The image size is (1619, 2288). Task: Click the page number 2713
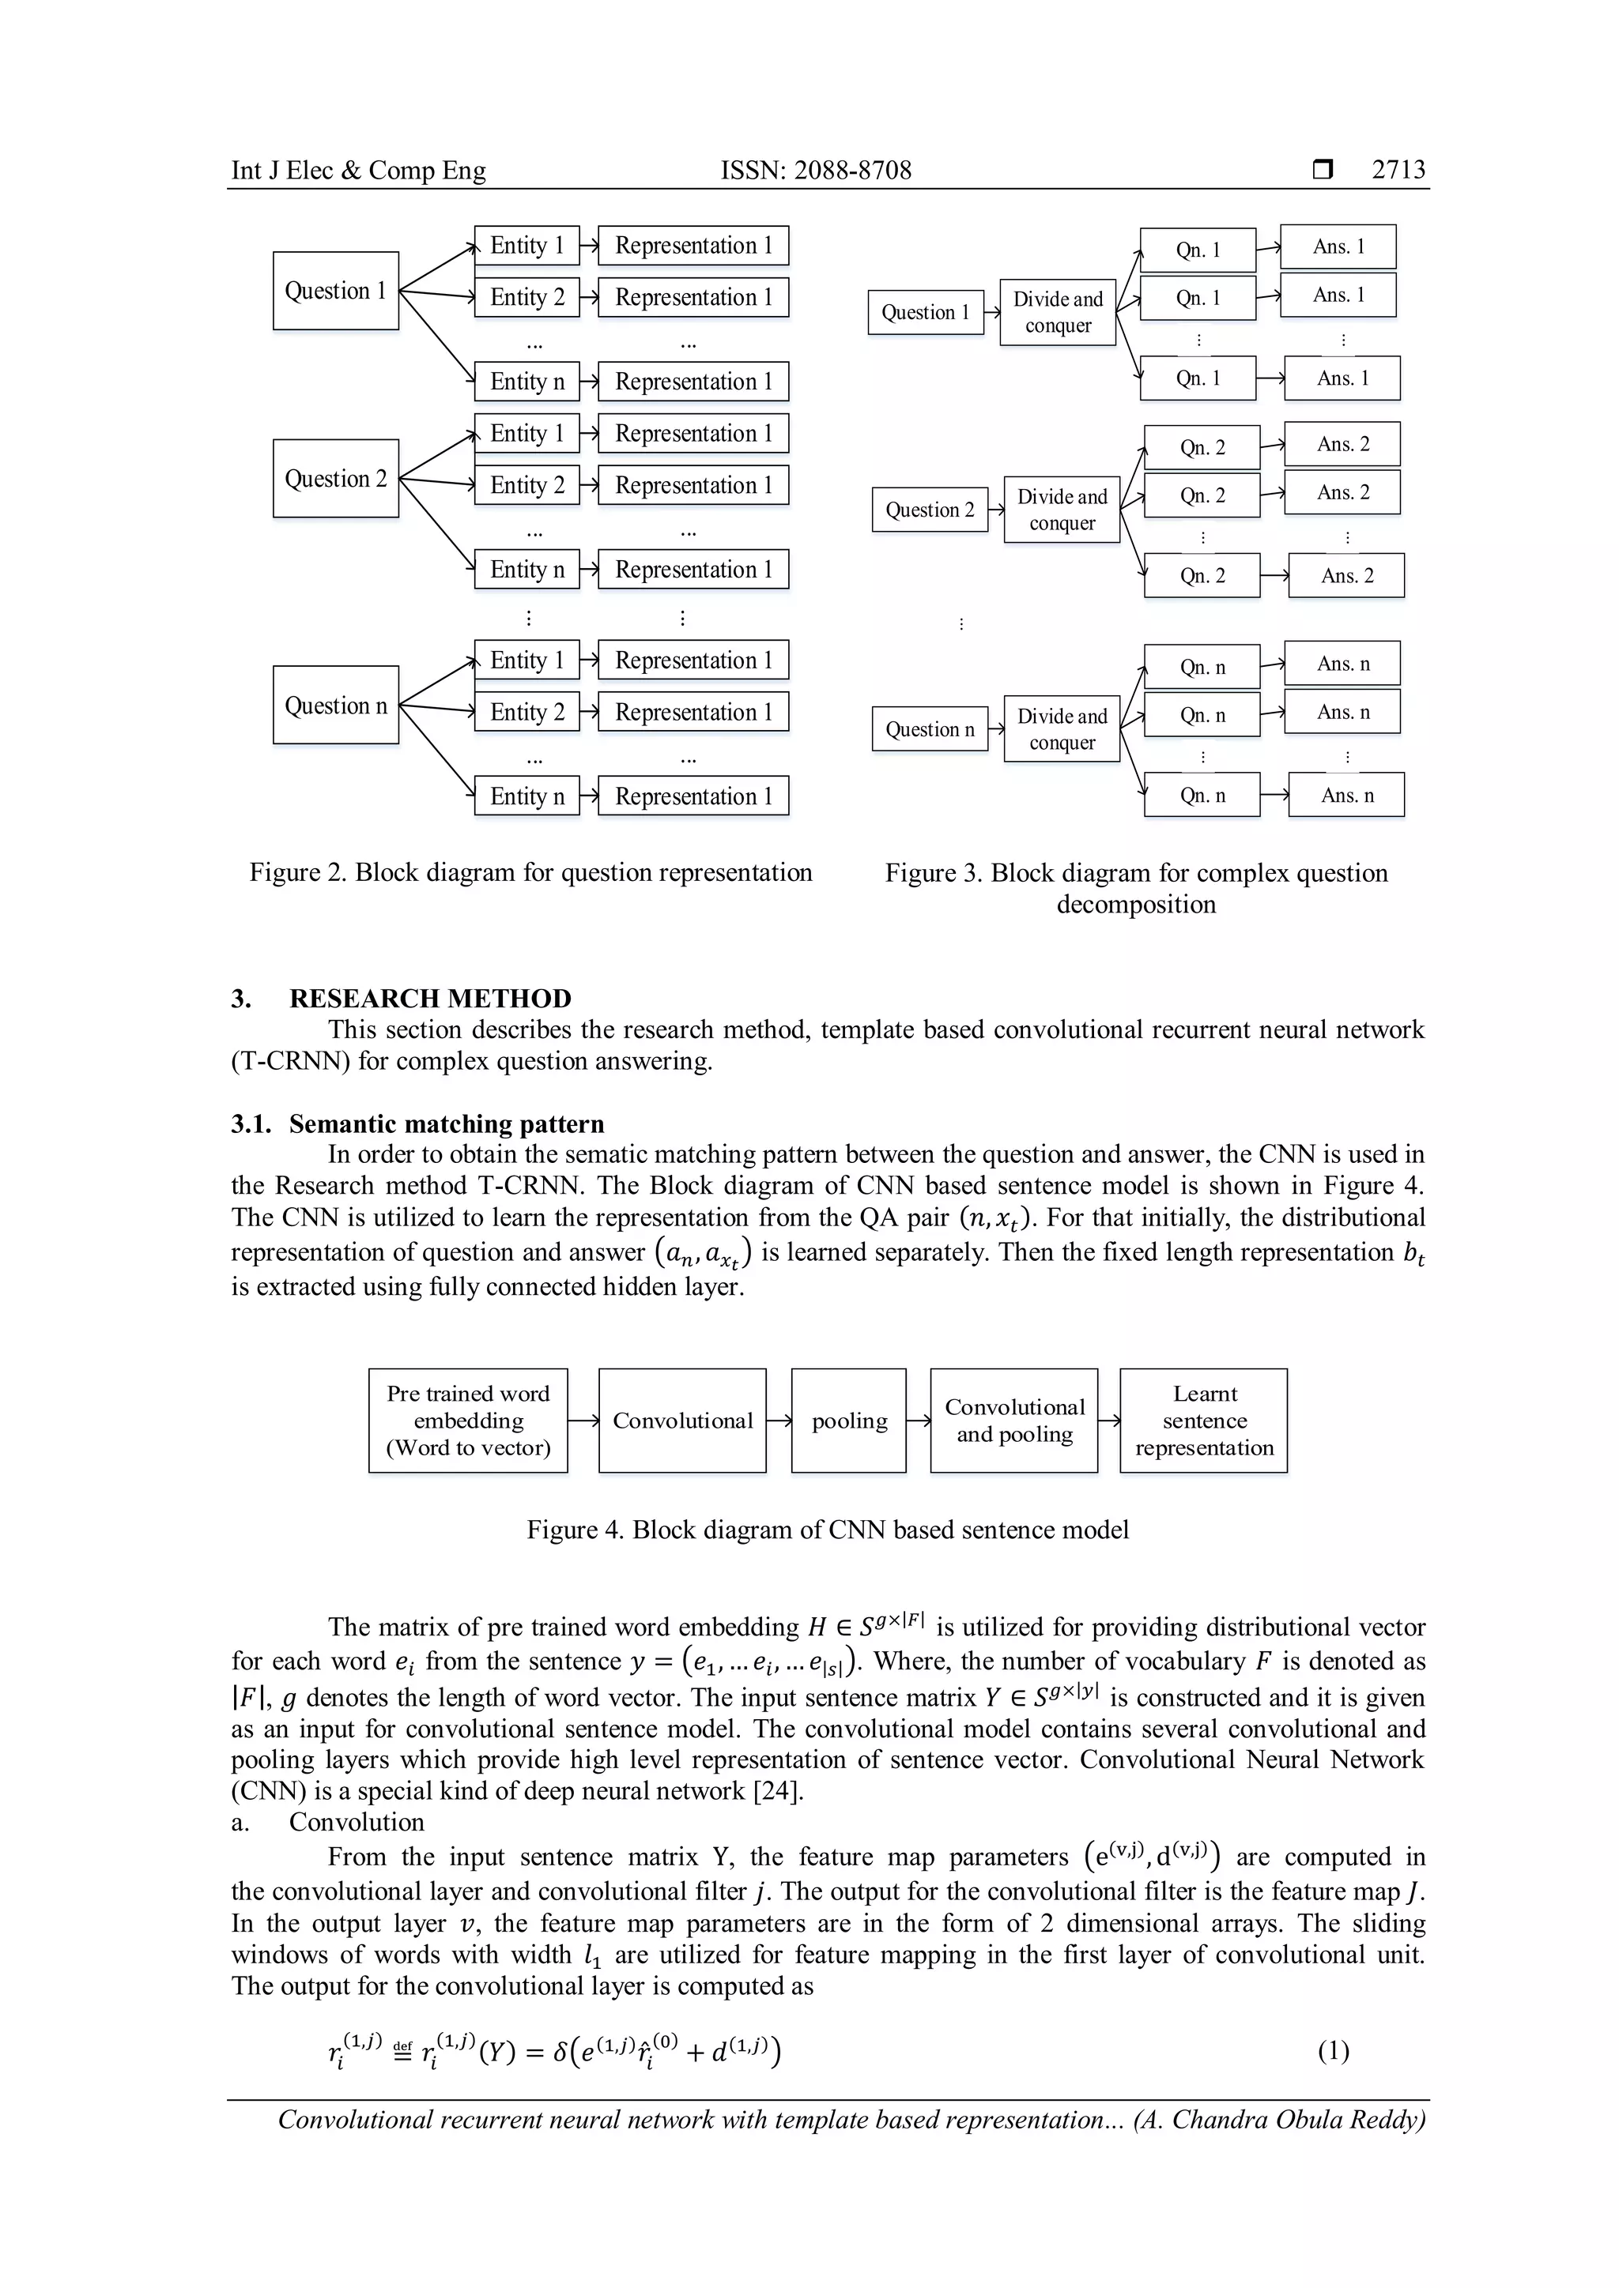pos(1398,171)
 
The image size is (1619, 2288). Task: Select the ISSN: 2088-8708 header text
pos(816,171)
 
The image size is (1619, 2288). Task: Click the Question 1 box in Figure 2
pos(336,291)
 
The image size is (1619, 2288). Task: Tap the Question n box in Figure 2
pos(336,706)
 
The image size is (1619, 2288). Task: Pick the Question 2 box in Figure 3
pos(929,510)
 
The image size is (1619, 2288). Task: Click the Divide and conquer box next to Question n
pos(1062,729)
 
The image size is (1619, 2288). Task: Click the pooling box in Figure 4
pos(848,1421)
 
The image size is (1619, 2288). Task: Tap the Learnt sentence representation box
pos(1203,1421)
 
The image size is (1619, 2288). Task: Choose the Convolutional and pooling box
pos(1014,1421)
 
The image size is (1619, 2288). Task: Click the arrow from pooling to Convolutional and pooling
pos(918,1421)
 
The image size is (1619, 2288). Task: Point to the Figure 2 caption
pos(530,873)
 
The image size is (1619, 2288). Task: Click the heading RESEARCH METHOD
pos(430,999)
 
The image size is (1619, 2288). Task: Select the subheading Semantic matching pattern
pos(446,1124)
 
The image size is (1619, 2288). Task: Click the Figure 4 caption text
pos(828,1530)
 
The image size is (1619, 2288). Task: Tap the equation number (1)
pos(1333,2051)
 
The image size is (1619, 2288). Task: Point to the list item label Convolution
pos(356,1822)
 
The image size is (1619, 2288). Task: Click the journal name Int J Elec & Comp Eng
pos(358,171)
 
